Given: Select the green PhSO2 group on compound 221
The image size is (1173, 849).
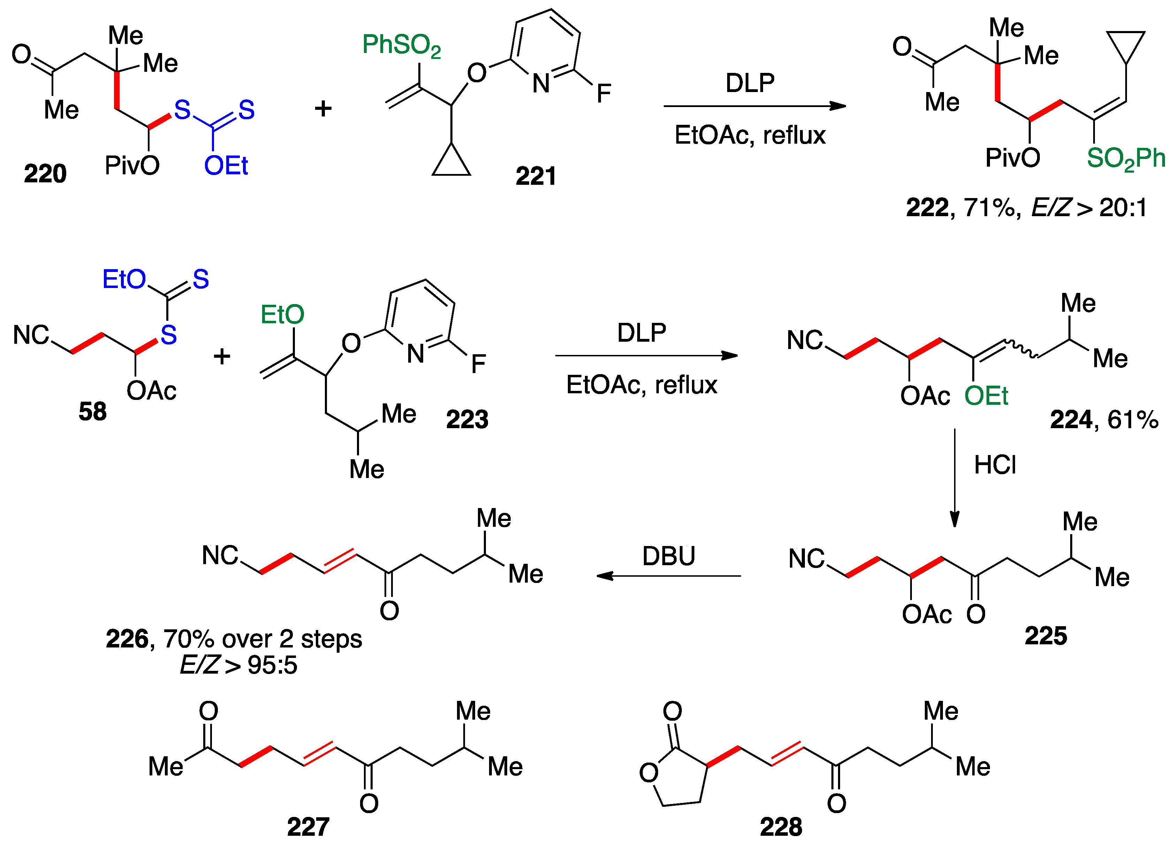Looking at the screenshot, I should pos(401,46).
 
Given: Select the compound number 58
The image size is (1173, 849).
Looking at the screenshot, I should pos(93,412).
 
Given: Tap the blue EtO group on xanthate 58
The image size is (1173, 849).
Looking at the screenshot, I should pos(124,279).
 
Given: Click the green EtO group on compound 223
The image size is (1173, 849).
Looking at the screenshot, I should pos(282,314).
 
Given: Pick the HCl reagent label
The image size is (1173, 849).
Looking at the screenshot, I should pos(995,465).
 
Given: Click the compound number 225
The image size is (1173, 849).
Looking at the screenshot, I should pos(1046,636).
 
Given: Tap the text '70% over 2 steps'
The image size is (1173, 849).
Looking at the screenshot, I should pos(263,639).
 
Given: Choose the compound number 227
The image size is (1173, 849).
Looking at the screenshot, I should pos(308,827).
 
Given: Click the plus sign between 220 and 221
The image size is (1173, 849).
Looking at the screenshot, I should pos(323,109).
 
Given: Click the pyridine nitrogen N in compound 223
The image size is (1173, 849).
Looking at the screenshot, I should pos(415,354).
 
